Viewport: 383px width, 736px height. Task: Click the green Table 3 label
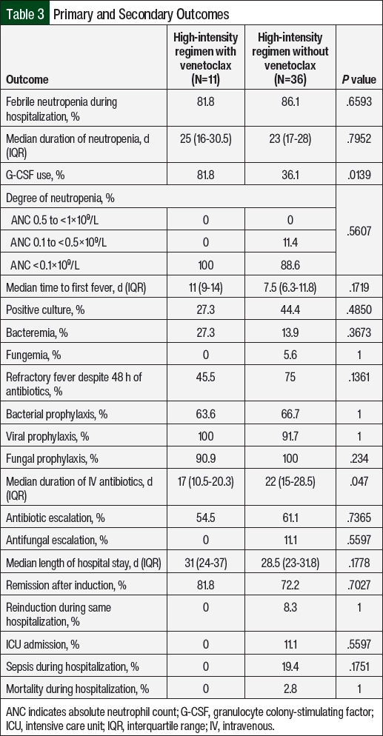tap(25, 13)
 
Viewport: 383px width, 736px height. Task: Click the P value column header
tap(359, 79)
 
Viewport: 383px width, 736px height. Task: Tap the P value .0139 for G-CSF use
tap(359, 175)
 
